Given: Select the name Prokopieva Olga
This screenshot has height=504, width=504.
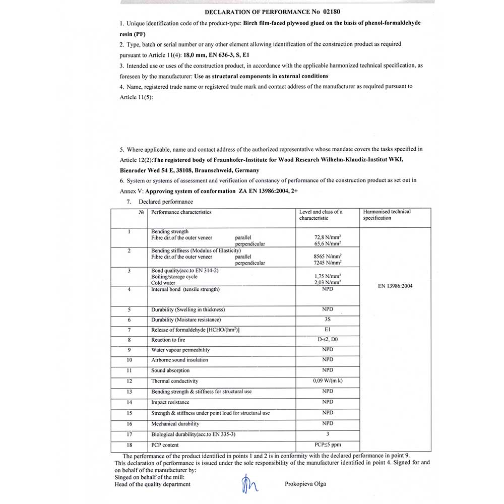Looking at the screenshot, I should [x=305, y=484].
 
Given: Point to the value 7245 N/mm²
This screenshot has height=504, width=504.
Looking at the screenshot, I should [x=328, y=263].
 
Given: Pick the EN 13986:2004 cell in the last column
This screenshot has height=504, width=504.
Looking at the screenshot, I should [x=395, y=286].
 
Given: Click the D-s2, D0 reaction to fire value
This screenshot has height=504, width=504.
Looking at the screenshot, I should [x=328, y=340].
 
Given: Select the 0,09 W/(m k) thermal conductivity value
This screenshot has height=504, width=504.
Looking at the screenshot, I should [x=328, y=381].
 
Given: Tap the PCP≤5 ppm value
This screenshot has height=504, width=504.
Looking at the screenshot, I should [x=328, y=445].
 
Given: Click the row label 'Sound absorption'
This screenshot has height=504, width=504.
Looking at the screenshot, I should [x=170, y=370].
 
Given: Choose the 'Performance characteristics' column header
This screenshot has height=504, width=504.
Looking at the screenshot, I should [x=181, y=212].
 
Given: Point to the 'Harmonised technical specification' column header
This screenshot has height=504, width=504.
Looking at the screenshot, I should [x=387, y=215].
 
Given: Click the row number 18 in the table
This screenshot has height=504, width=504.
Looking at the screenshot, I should [x=130, y=445].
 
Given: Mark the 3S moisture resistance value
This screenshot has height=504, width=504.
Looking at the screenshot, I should [x=328, y=320].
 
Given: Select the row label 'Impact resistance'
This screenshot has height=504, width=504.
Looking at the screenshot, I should [x=170, y=402].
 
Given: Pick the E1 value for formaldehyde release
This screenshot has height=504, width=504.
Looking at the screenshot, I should [x=328, y=330].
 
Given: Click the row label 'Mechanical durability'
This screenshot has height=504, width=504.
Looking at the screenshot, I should [x=175, y=424].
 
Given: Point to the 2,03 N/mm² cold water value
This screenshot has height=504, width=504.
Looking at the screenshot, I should [x=328, y=283].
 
